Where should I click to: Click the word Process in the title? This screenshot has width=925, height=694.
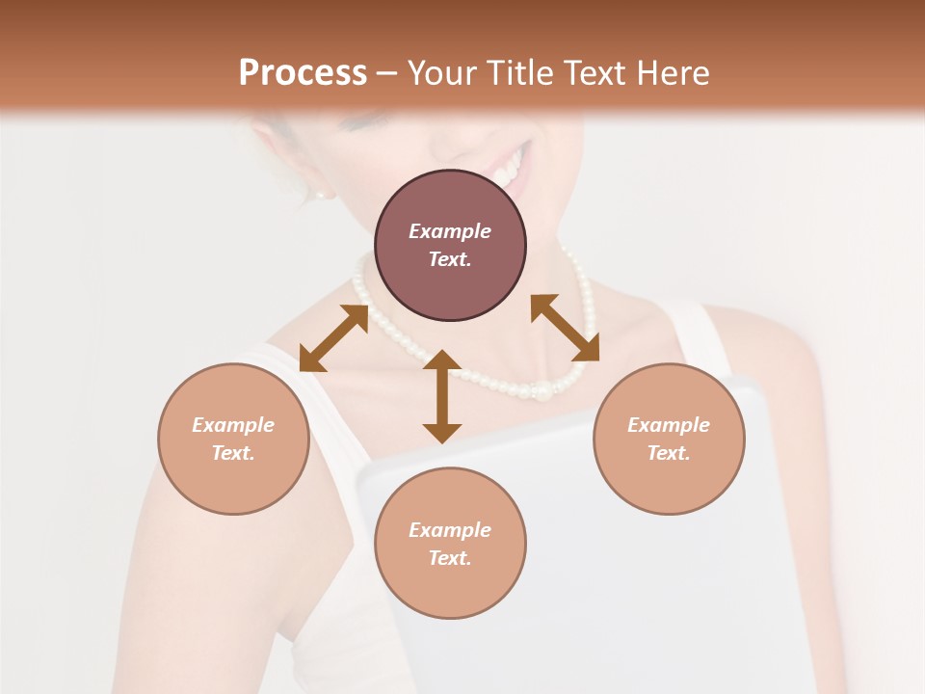(303, 73)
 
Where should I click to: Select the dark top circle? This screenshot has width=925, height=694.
(450, 245)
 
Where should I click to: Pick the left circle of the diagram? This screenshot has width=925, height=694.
(233, 439)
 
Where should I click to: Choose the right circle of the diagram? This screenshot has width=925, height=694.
(669, 439)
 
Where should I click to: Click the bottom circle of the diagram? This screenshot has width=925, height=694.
(450, 544)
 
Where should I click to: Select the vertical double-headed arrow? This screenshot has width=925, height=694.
(442, 396)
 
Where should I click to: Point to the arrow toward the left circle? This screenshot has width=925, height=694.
(333, 338)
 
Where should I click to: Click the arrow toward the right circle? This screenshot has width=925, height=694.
(565, 328)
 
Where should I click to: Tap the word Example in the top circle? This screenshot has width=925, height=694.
(450, 231)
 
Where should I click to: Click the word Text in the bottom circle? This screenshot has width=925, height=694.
(450, 558)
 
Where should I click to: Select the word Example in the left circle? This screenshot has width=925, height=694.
(233, 425)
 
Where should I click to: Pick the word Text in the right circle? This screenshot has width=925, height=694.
(669, 453)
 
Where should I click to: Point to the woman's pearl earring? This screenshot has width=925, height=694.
(321, 194)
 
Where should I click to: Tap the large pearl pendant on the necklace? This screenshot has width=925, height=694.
(544, 392)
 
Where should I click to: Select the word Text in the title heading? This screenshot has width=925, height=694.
(592, 73)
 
